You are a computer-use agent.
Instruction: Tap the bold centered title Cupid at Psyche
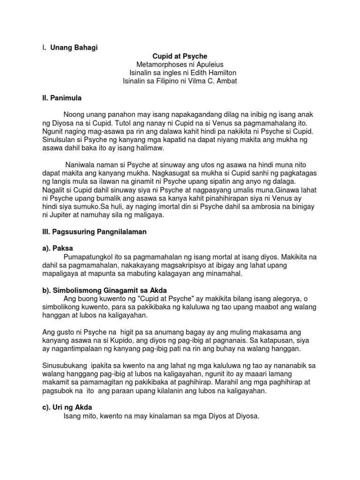click(x=180, y=56)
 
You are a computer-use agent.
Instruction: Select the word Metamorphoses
click(x=159, y=64)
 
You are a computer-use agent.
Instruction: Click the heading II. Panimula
click(x=62, y=98)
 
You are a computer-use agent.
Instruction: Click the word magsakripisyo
click(x=178, y=265)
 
